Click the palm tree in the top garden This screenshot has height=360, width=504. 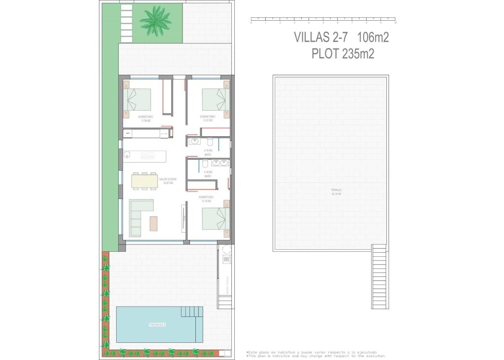click(155, 21)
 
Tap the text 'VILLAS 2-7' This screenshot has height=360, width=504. click(320, 37)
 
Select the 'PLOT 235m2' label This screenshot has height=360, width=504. click(343, 53)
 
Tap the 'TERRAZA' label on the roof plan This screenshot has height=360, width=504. click(336, 190)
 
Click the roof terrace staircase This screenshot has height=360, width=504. click(379, 277)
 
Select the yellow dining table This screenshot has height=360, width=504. click(145, 181)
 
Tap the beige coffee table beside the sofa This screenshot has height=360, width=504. click(154, 223)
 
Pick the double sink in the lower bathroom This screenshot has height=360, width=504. click(220, 163)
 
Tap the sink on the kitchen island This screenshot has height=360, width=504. click(127, 155)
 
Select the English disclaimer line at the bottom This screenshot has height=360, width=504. click(315, 356)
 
